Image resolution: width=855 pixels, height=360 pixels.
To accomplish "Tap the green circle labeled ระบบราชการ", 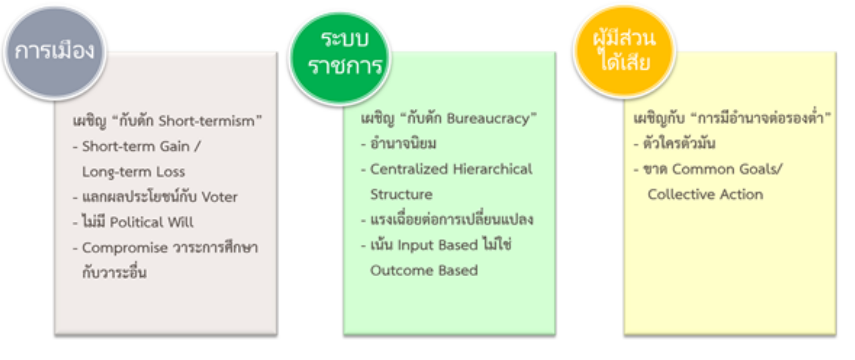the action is [x=340, y=58].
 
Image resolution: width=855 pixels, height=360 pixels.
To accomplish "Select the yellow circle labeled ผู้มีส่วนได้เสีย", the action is [x=624, y=51].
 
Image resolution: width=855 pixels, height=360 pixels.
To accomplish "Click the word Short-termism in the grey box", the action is [x=207, y=121].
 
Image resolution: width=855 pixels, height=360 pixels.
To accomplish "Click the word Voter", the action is [x=219, y=197].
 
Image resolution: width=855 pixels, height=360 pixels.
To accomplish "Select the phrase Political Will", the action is [x=152, y=222].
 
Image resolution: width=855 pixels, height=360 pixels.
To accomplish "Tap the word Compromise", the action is [x=125, y=248].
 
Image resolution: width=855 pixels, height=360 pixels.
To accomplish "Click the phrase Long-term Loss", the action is [x=134, y=172].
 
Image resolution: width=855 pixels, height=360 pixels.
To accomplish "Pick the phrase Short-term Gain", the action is [x=136, y=146].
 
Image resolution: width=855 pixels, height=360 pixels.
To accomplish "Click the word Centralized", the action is [x=409, y=169].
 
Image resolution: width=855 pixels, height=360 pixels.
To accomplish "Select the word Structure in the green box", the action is [x=401, y=194].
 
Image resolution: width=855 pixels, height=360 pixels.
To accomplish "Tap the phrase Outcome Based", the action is [x=424, y=270].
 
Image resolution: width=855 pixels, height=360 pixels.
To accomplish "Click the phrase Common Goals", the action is [x=725, y=169].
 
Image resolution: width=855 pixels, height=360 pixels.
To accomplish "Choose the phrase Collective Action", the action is [x=705, y=194].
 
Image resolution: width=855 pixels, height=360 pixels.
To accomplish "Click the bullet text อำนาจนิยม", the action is [x=403, y=144].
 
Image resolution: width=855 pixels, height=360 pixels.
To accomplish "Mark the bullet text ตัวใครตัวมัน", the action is [x=679, y=143].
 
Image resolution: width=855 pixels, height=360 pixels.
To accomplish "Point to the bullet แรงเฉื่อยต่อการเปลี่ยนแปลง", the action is [x=452, y=219].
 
